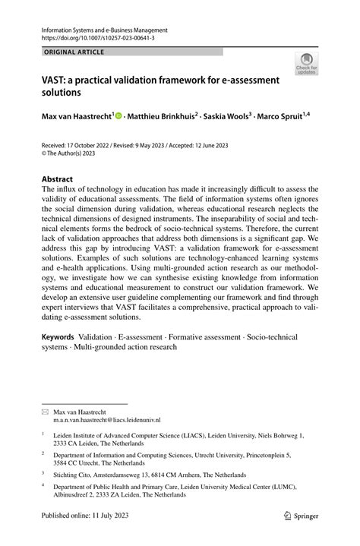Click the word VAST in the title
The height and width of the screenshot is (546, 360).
(x=57, y=80)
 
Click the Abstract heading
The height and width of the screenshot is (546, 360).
(x=63, y=180)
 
